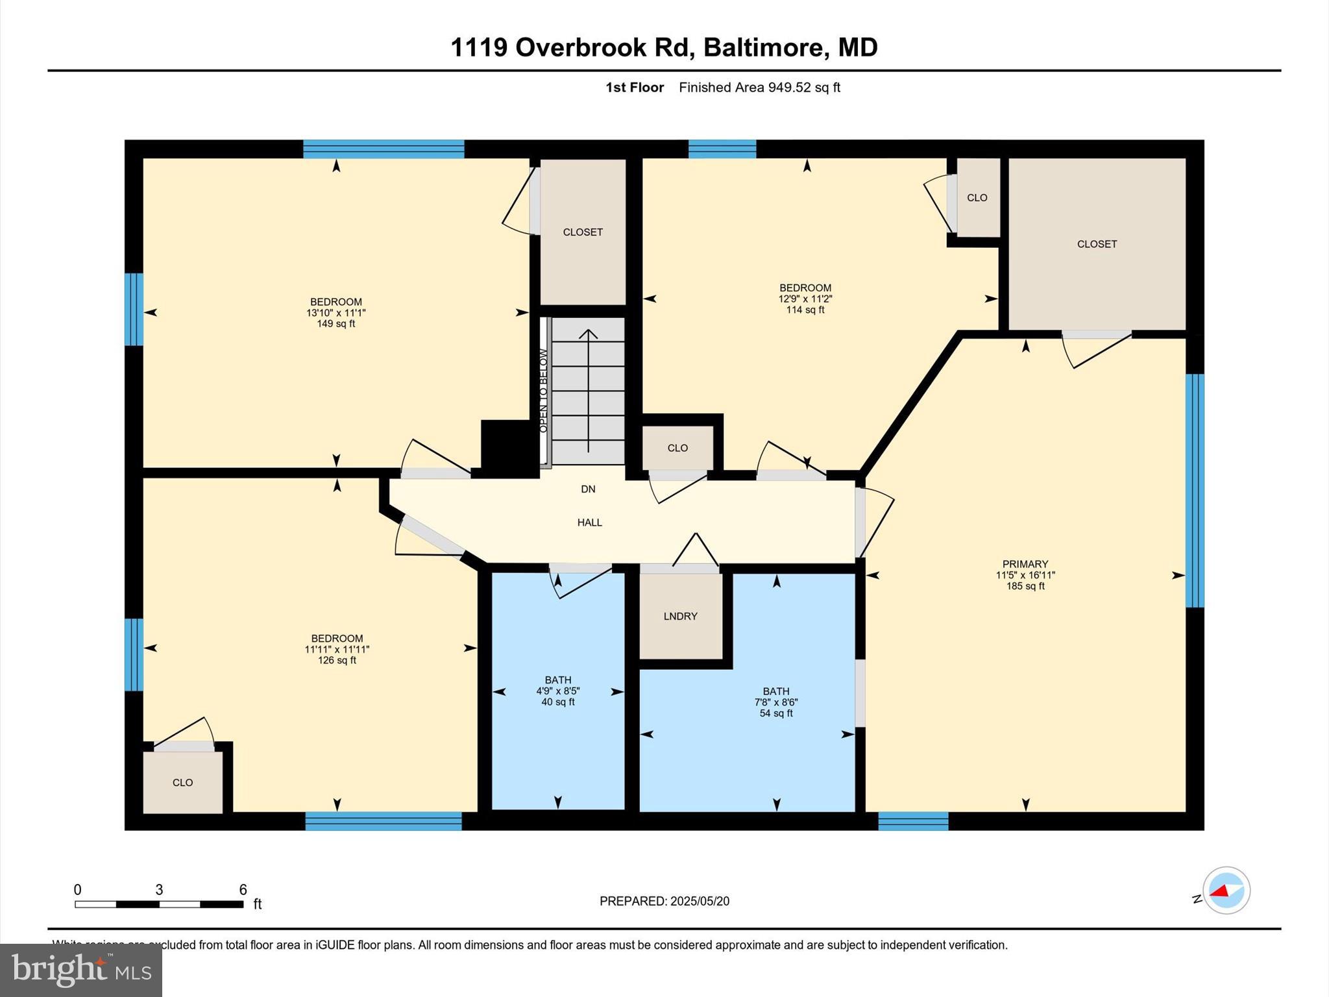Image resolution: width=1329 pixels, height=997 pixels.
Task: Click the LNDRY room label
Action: [680, 616]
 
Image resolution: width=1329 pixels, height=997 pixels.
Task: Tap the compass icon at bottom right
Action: [1226, 891]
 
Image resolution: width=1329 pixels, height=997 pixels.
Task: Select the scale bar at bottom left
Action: [159, 904]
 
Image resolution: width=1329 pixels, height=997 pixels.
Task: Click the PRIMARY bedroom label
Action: [1025, 564]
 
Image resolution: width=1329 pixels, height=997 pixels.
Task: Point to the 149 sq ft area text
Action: [335, 323]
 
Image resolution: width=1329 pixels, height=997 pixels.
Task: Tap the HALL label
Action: [589, 522]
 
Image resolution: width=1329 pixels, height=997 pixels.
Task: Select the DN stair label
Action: [588, 489]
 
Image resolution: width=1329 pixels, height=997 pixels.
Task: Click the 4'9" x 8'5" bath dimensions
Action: [558, 691]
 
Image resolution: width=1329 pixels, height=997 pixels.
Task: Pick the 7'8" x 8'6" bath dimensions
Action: [775, 702]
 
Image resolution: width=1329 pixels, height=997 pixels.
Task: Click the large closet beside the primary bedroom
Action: [1097, 244]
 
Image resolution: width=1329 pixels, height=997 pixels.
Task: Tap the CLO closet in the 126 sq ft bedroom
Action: [182, 782]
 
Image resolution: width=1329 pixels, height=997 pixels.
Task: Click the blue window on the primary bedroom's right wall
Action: [1195, 490]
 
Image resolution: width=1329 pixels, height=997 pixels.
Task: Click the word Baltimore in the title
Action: [762, 47]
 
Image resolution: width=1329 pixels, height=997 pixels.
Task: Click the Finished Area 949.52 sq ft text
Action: [759, 87]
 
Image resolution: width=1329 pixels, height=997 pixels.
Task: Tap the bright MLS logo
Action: [81, 970]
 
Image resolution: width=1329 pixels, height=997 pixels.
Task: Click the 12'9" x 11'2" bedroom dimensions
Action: [805, 299]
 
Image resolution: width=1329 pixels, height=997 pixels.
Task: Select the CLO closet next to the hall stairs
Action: [677, 448]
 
